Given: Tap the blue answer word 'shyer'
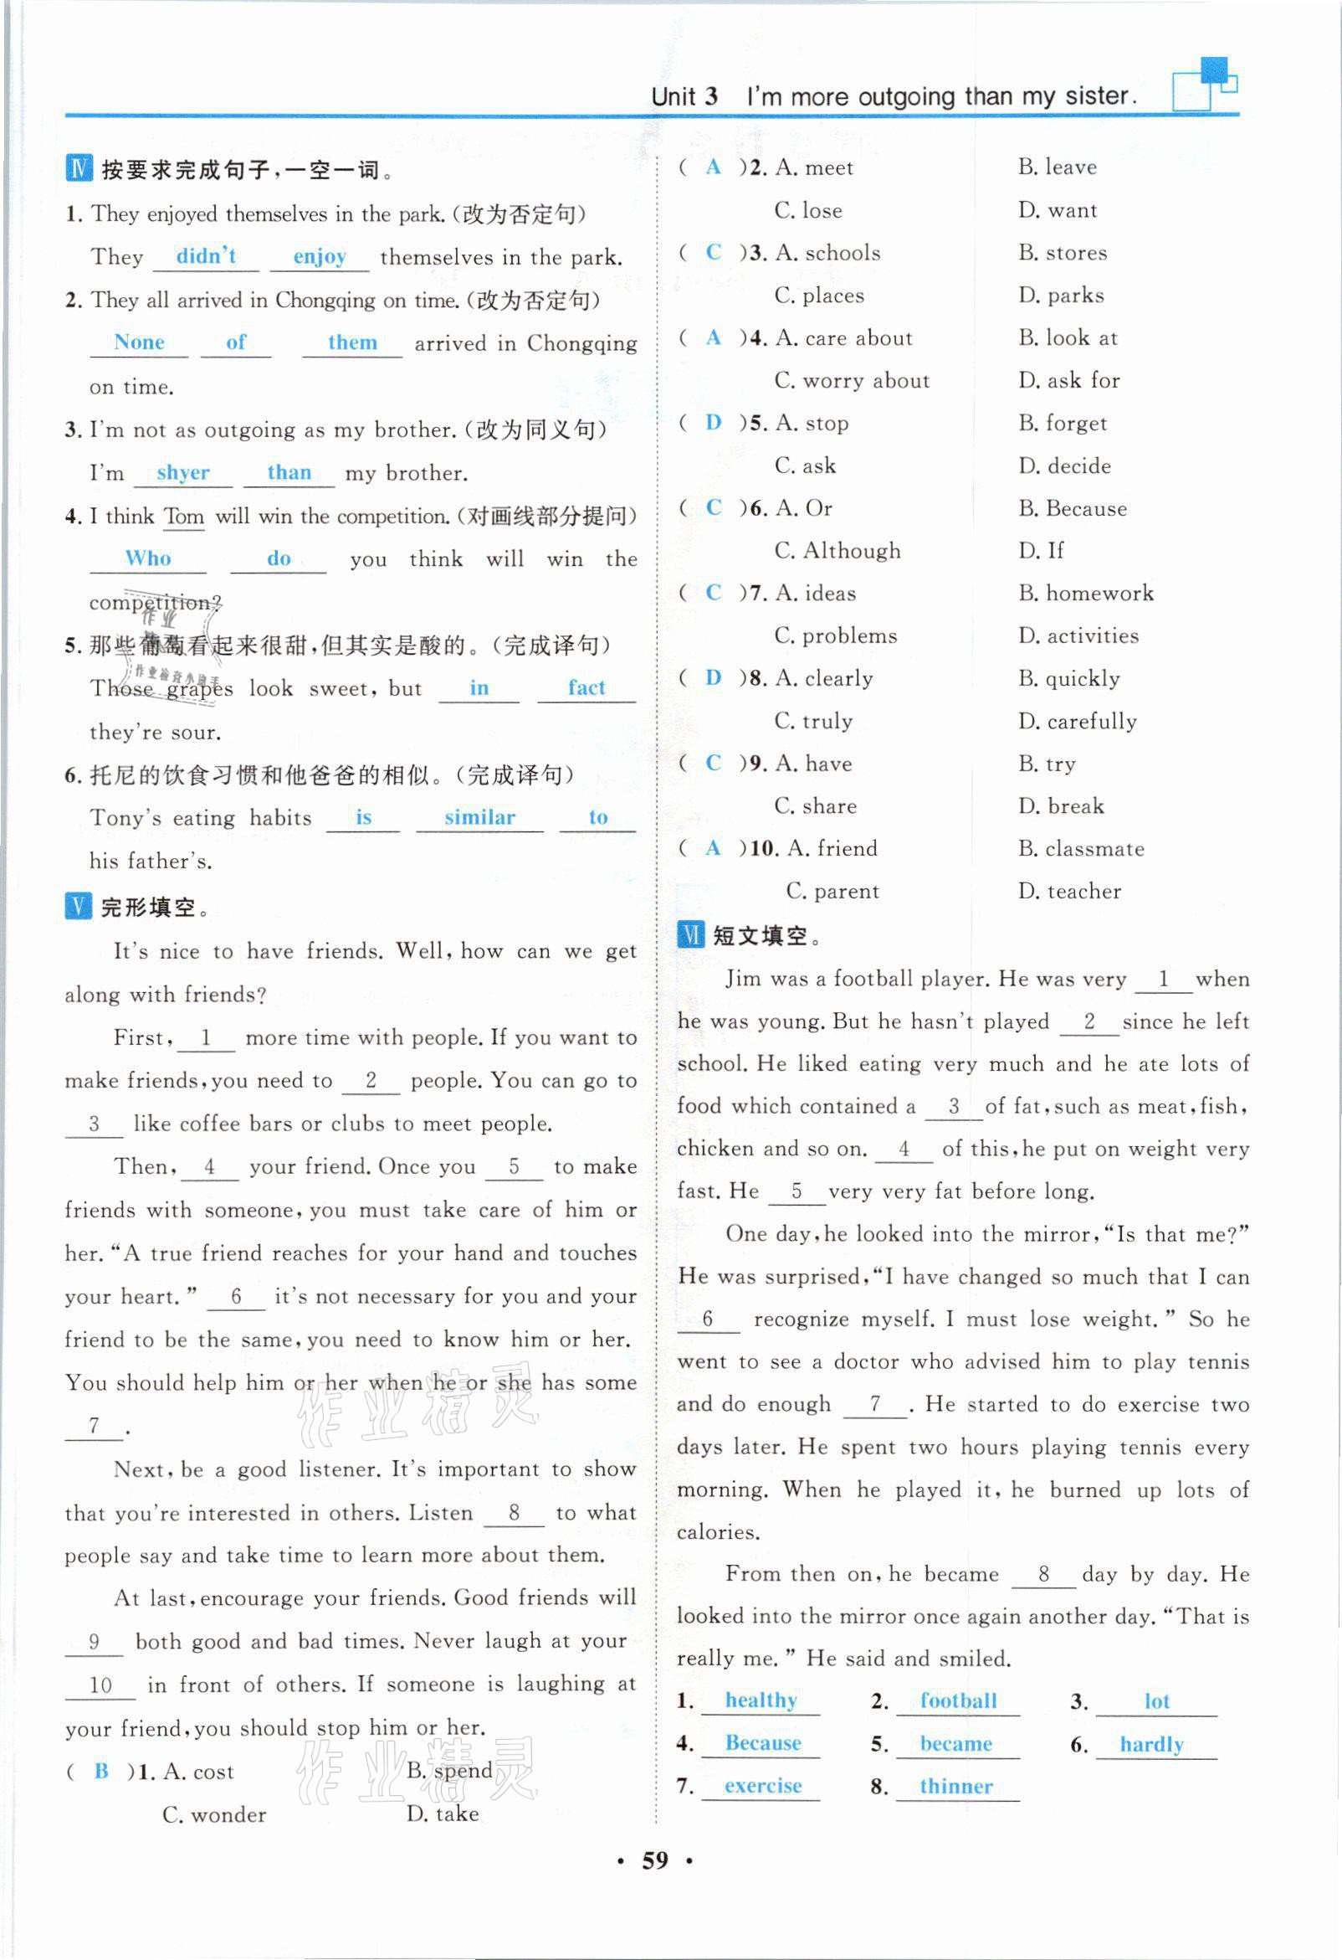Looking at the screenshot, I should [183, 473].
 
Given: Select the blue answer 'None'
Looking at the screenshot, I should [139, 342].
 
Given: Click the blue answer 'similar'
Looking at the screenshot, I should [479, 817].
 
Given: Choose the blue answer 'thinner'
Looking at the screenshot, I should [956, 1785].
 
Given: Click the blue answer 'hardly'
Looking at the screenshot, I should [1151, 1743].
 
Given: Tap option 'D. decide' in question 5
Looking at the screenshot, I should [1064, 466].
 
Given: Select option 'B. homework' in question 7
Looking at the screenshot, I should [1086, 593].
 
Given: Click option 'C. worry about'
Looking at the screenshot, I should [853, 380].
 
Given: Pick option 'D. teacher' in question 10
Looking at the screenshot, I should [1070, 891].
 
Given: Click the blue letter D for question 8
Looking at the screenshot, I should [713, 677].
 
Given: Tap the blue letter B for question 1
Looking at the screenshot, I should [101, 1770].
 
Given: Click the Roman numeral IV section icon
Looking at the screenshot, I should [79, 168].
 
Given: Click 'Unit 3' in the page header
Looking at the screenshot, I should [684, 96].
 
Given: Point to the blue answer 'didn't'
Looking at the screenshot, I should [206, 256].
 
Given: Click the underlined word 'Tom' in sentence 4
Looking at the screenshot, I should [184, 516].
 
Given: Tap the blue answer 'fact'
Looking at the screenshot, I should [586, 688].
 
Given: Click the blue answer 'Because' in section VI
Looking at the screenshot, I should [762, 1742].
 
